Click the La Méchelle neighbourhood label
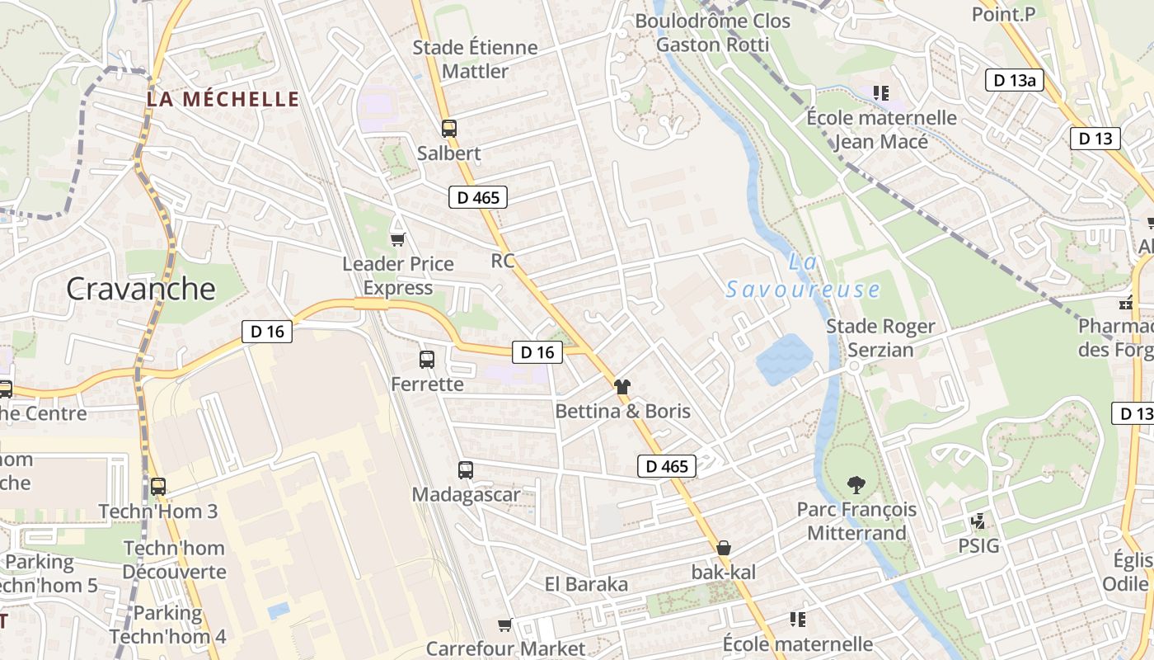(223, 100)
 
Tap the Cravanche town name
(140, 289)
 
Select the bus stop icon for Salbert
(448, 129)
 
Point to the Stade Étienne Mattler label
(475, 59)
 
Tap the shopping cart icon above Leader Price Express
(398, 239)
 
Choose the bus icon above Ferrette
(426, 360)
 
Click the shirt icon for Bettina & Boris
(622, 386)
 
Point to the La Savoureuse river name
(803, 276)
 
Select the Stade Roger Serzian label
(880, 338)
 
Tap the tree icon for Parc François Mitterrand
(856, 485)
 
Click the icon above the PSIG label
(978, 521)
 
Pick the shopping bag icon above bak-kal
(723, 547)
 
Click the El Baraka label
(586, 584)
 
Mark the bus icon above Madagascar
(466, 470)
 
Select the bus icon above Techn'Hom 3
(157, 487)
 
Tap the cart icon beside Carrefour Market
(505, 625)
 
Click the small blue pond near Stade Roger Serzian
(784, 359)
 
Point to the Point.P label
(1002, 14)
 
